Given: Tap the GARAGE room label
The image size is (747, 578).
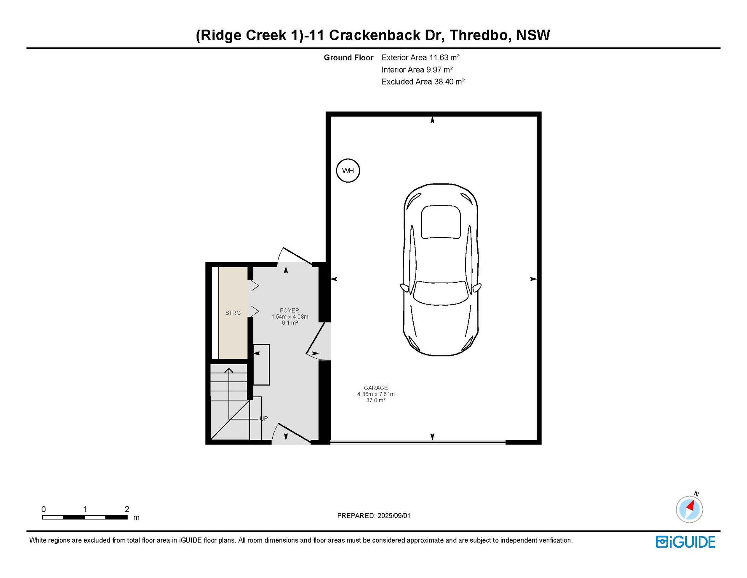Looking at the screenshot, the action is click(376, 388).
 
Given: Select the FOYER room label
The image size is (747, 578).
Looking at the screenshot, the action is click(289, 310).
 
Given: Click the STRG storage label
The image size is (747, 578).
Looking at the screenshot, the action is click(233, 313).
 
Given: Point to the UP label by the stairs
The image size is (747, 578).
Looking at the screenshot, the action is click(264, 419).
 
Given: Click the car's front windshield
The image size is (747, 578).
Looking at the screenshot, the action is click(441, 293).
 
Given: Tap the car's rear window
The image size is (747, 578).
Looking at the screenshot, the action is click(441, 222).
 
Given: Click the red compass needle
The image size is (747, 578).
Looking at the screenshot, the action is click(691, 506).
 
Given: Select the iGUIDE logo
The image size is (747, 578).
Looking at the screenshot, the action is click(686, 542).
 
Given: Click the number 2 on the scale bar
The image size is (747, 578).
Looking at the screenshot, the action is click(127, 509).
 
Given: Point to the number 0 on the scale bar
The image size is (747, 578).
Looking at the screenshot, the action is click(44, 509).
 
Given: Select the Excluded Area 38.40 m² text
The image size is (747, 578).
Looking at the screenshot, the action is click(423, 82).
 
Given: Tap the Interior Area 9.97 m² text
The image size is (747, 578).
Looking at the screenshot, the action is click(417, 70).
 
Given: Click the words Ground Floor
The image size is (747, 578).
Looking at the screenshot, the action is click(349, 58).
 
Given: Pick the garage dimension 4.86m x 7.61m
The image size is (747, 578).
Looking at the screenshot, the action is click(376, 394).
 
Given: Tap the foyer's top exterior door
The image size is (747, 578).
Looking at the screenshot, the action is click(295, 257).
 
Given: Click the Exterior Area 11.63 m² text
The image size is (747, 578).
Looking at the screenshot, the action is click(421, 58).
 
